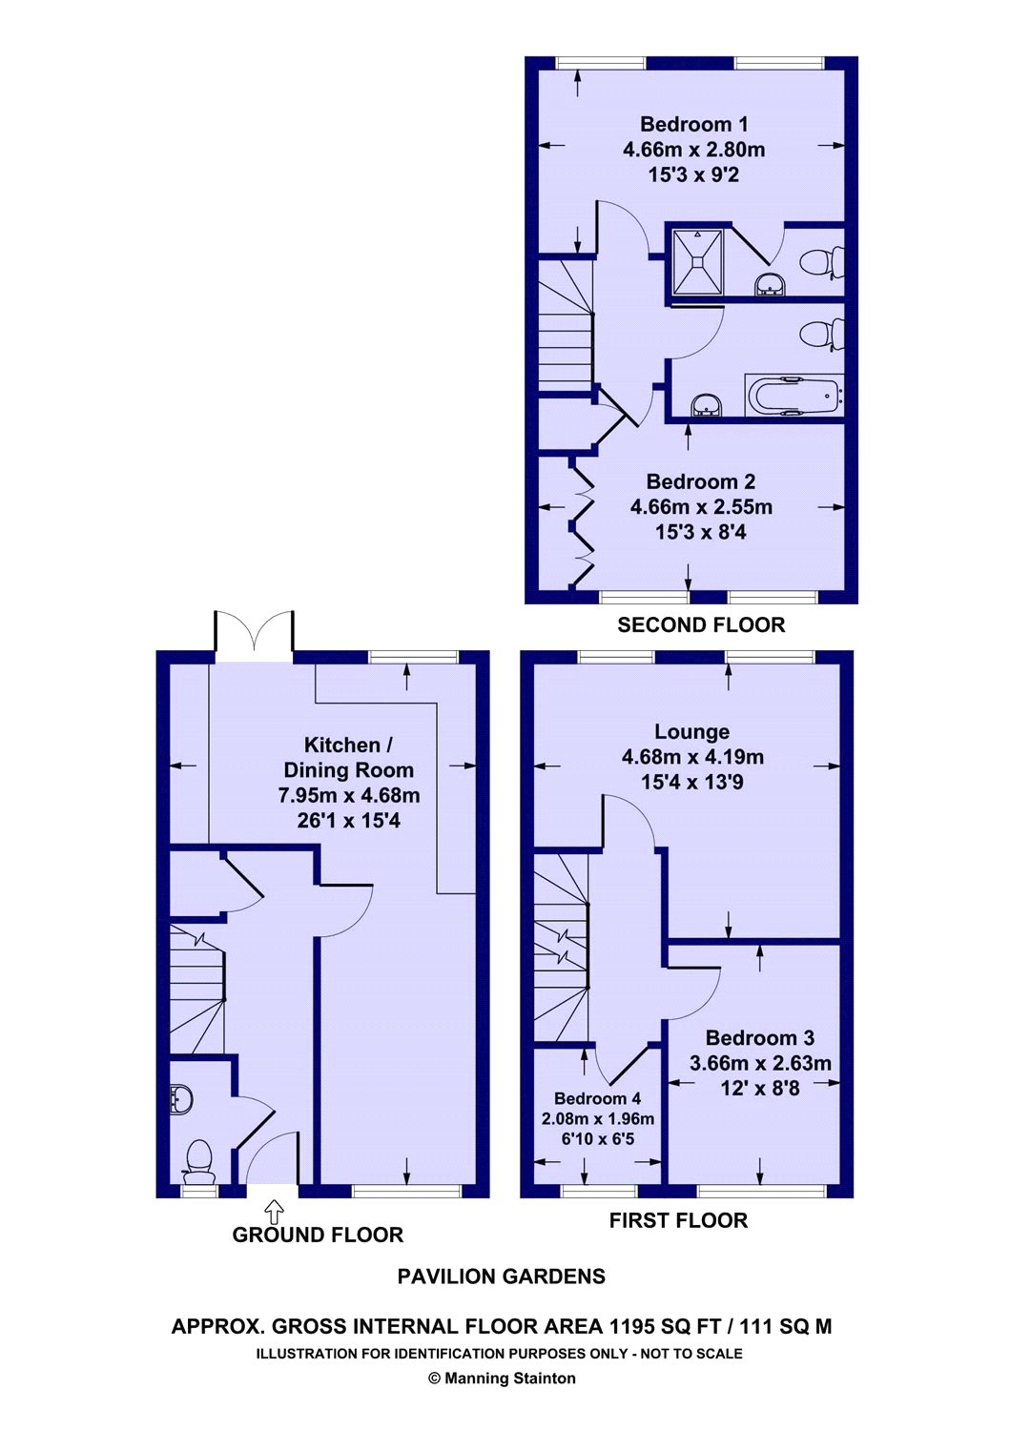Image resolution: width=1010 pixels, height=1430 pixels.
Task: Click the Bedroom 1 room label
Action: click(693, 123)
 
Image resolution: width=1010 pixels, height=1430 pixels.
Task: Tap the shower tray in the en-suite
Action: click(697, 261)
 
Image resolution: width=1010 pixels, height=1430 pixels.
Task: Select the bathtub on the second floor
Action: click(794, 396)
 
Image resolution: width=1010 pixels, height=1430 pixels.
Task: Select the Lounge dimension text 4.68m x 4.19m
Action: click(692, 757)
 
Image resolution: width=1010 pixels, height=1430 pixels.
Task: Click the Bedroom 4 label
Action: click(597, 1098)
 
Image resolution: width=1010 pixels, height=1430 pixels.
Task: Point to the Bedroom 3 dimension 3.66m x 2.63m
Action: click(760, 1063)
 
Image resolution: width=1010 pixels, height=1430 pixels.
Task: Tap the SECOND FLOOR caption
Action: click(701, 624)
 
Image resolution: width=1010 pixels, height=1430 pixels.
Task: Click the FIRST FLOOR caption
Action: click(678, 1220)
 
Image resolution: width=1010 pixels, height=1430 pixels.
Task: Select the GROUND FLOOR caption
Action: click(318, 1235)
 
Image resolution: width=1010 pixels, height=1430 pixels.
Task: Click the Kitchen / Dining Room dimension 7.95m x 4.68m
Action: click(349, 795)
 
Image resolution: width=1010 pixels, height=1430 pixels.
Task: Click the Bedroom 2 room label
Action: click(701, 481)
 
